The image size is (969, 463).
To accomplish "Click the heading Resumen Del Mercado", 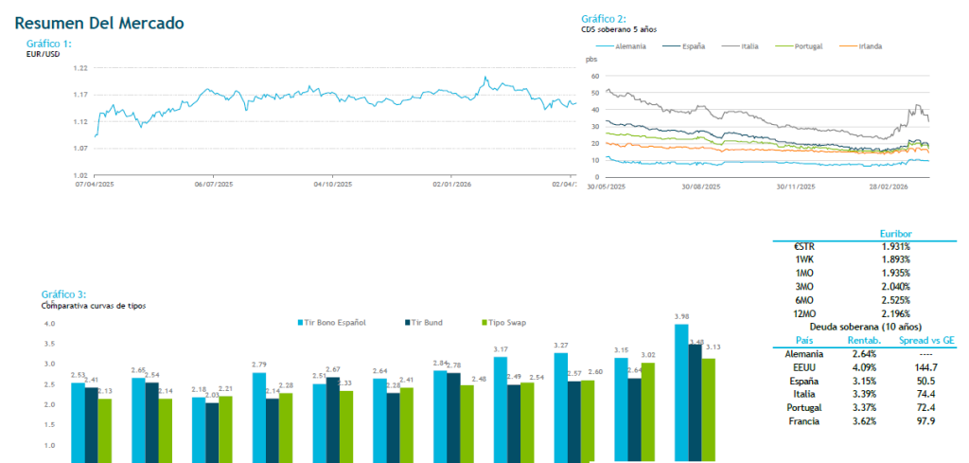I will click(x=99, y=23).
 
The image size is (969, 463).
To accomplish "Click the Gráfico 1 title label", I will click(x=49, y=44).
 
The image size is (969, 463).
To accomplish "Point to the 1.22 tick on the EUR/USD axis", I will click(x=80, y=68).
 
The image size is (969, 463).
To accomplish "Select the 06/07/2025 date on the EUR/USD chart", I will click(x=214, y=185).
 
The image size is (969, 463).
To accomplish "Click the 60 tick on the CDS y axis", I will click(x=595, y=75).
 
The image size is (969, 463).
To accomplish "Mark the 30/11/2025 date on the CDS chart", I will click(x=796, y=187).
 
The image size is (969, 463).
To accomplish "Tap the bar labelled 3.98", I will click(x=680, y=392).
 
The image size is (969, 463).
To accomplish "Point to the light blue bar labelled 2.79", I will click(x=258, y=417).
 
